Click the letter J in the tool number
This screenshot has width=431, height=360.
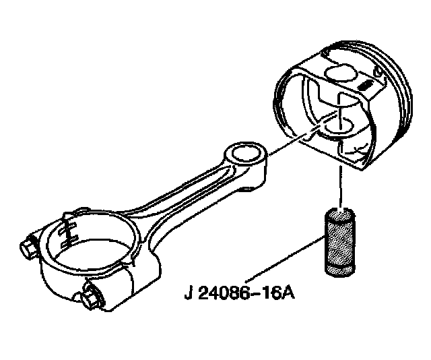tap(189, 295)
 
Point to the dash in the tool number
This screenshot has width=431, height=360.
tap(257, 295)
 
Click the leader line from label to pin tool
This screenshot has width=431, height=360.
tap(283, 260)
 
